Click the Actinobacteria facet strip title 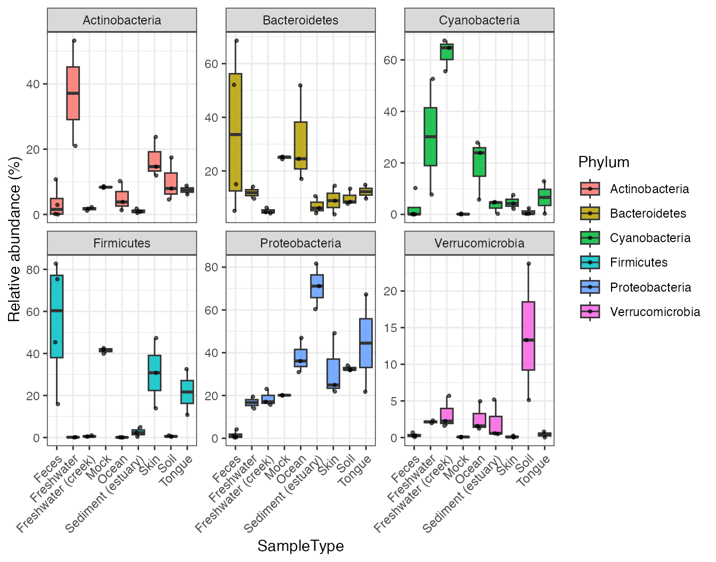[x=121, y=20]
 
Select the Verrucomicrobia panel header [x=479, y=243]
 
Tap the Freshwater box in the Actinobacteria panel [x=73, y=93]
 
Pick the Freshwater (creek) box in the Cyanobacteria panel [x=446, y=52]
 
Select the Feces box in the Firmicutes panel [x=56, y=316]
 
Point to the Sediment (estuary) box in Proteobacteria [x=317, y=286]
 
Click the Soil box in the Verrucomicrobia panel [x=528, y=336]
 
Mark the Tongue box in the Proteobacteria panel [x=366, y=343]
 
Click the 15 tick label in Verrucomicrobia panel [x=390, y=328]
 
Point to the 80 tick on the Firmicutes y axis [x=33, y=270]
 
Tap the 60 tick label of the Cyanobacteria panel [x=390, y=60]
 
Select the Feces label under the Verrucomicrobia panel [x=406, y=469]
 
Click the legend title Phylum [x=604, y=162]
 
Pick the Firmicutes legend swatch [x=590, y=262]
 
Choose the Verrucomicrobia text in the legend [x=655, y=312]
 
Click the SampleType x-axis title [x=300, y=546]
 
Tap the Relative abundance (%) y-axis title [x=14, y=239]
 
